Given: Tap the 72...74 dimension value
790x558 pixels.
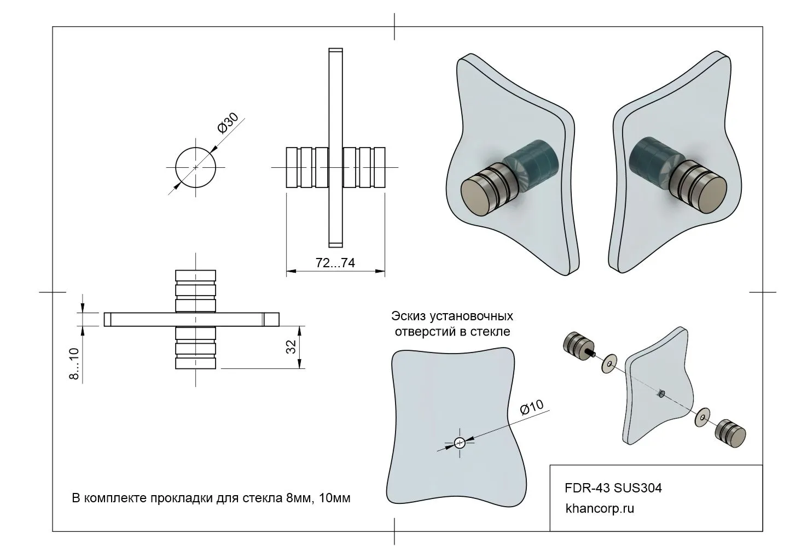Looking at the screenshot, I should (x=335, y=263).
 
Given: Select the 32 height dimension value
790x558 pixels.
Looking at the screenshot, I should (x=291, y=346).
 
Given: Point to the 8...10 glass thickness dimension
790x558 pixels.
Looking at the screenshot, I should (x=75, y=363).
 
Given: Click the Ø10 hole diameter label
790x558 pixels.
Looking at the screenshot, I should (x=531, y=408).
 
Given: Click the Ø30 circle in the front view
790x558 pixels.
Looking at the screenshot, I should (x=195, y=167).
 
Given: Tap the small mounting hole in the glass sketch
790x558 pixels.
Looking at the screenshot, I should (x=460, y=442).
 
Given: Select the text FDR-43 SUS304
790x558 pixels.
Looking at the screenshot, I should (x=613, y=487).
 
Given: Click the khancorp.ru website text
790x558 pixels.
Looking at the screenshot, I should (x=599, y=508).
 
